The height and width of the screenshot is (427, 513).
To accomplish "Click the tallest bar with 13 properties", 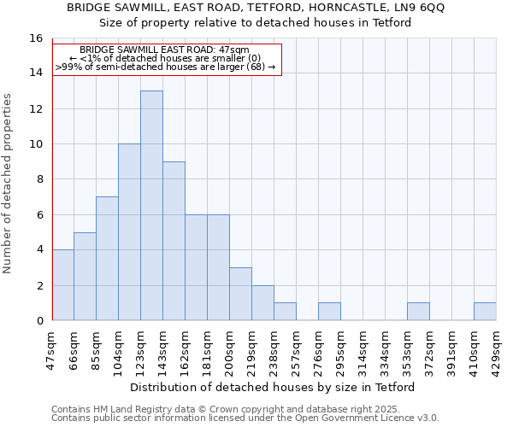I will pos(151,205).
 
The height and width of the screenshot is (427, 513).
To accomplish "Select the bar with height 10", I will pos(129,231).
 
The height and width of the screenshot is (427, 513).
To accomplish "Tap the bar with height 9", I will pos(174,241).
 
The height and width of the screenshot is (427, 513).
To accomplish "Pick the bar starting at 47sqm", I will pos(62,284).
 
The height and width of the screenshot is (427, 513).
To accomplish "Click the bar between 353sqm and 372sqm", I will pos(418,312).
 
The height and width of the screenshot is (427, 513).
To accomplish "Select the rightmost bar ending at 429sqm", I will pos(485,312).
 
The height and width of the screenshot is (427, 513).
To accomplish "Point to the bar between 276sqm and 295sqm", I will pos(329,312).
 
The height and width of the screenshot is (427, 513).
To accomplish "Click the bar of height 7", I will pos(107,258).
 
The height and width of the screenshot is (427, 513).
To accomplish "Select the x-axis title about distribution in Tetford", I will pos(274,387).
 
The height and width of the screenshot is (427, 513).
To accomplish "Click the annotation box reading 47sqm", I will pos(166,58).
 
